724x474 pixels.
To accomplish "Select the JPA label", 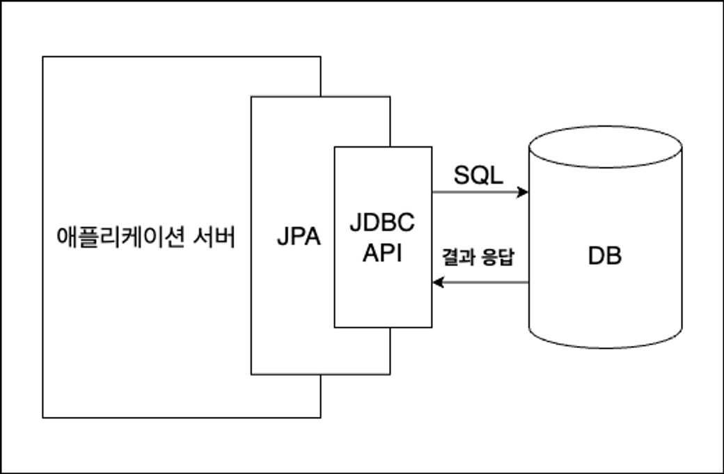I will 299,238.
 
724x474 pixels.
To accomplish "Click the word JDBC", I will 382,223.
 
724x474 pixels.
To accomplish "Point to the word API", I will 382,253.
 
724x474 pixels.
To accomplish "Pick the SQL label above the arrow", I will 478,175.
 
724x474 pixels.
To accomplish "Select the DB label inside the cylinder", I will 604,256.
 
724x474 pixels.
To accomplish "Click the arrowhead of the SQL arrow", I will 524,192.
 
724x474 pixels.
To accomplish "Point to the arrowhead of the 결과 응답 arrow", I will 437,283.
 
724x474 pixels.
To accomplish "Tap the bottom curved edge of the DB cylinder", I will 604,347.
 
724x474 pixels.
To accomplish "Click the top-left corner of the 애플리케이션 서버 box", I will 43,57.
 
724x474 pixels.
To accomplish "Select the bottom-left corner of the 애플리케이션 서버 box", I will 43,418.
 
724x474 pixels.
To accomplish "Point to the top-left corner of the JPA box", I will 251,97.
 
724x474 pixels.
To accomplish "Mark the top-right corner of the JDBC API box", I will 432,147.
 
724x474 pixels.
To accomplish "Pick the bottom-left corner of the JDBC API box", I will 335,327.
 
